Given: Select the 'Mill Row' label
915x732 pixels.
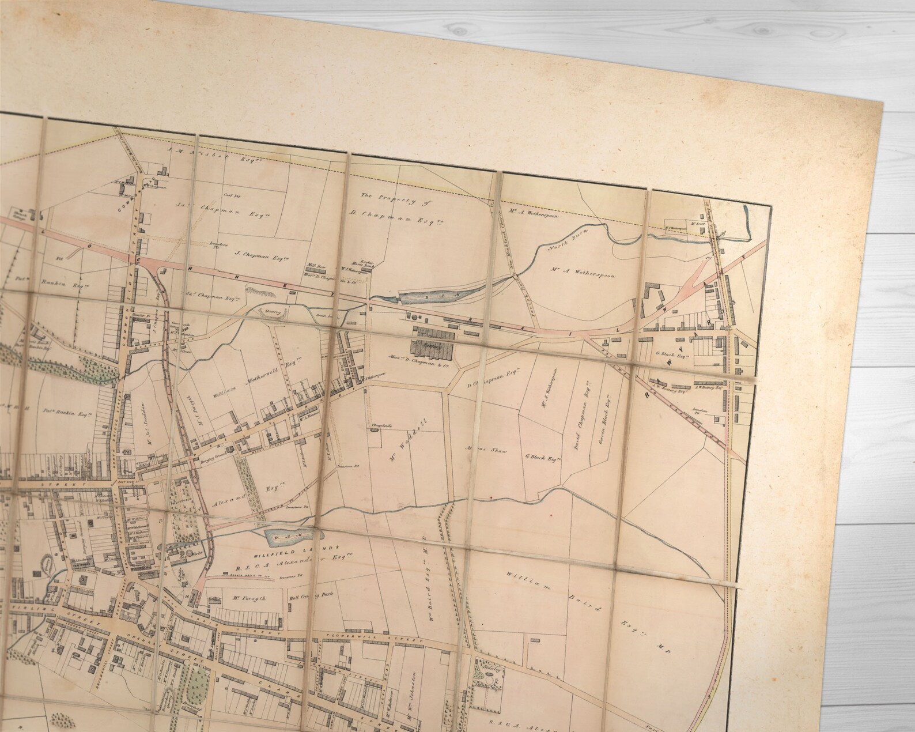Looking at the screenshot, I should click(x=317, y=267).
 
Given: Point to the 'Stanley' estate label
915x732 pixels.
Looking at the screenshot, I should click(x=491, y=670).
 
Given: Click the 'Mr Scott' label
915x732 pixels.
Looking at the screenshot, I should click(x=698, y=223).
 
